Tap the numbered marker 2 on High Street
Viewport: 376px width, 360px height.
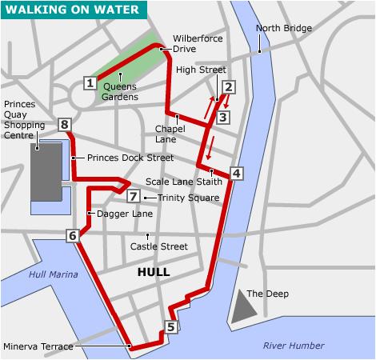(x=228, y=88)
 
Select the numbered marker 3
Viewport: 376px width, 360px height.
(x=223, y=118)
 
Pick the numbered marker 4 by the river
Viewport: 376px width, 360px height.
(x=235, y=173)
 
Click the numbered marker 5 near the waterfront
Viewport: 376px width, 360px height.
(x=170, y=326)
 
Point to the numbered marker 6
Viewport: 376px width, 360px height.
(x=73, y=235)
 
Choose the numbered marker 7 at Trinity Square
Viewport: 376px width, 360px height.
(x=133, y=197)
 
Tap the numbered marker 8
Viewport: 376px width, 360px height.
(x=65, y=124)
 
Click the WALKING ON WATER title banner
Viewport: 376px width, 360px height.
(x=74, y=10)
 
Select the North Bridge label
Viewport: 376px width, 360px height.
(x=283, y=29)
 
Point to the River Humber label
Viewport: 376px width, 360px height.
(x=294, y=346)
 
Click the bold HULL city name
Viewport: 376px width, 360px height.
(x=154, y=272)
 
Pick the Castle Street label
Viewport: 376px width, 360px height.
(x=158, y=247)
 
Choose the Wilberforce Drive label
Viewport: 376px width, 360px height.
(x=198, y=43)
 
